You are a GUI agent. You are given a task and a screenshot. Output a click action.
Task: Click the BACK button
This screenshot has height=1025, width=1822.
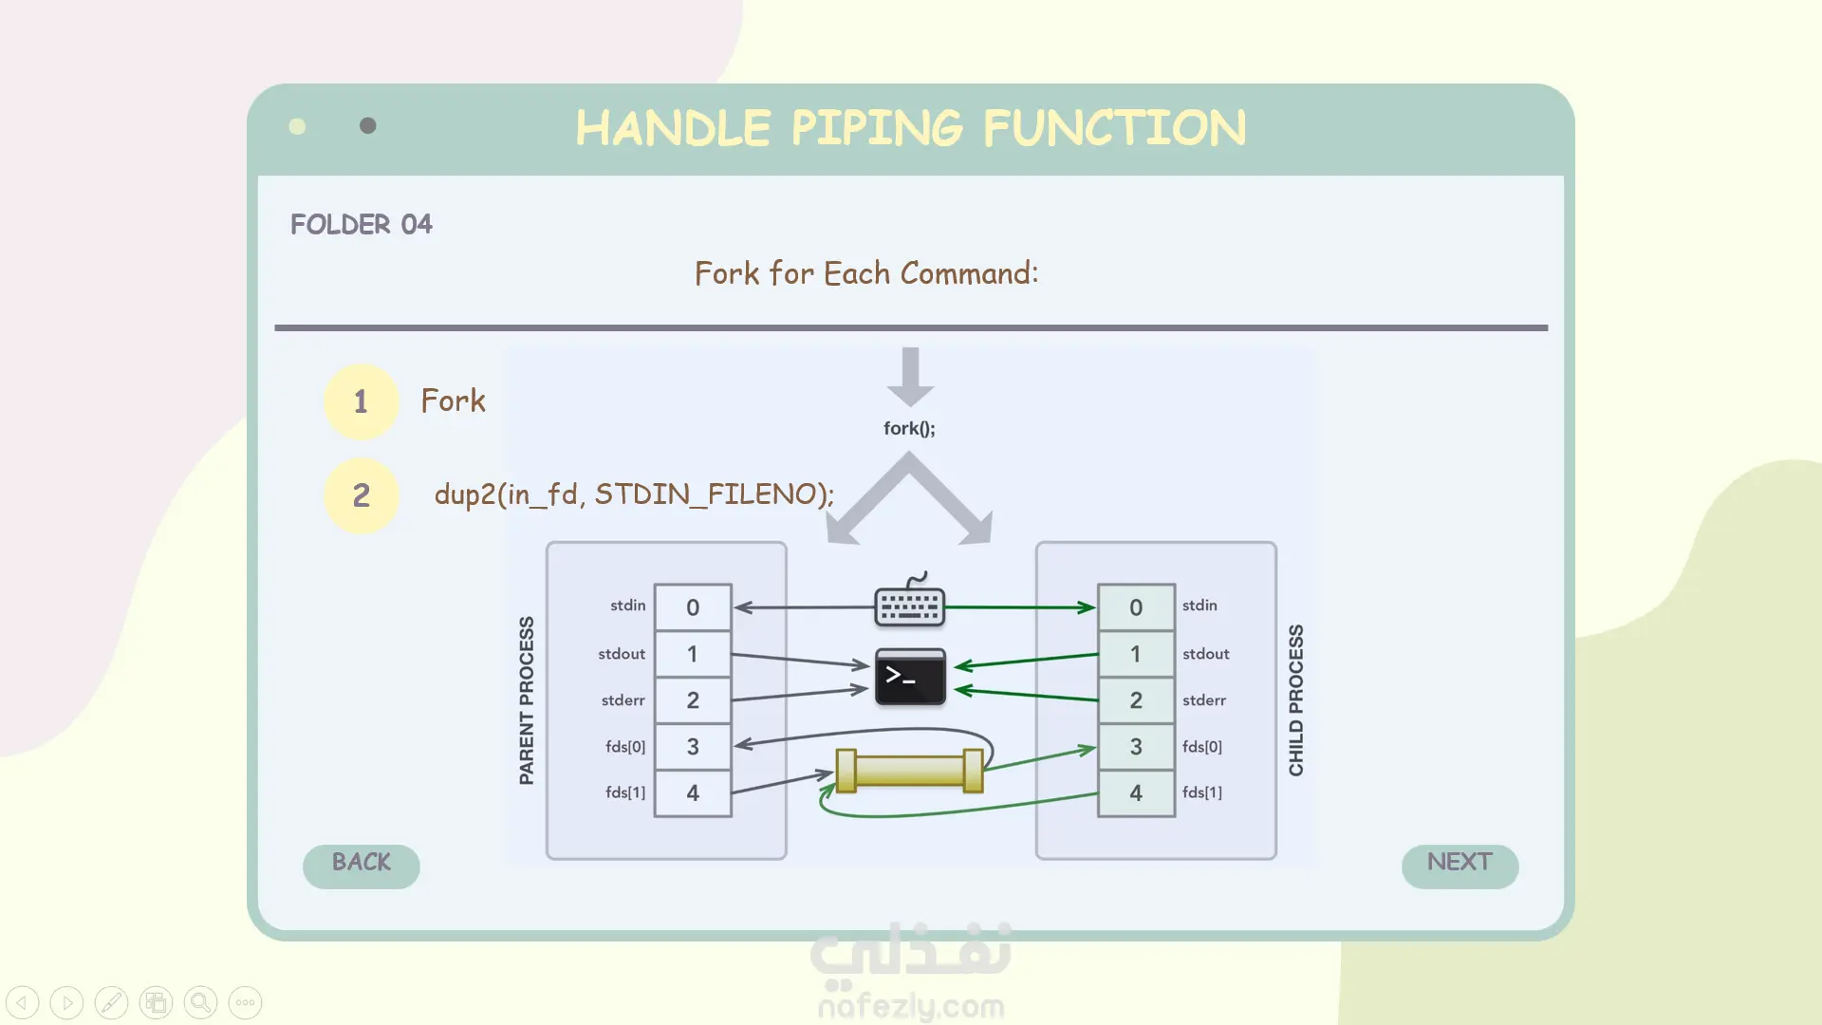(361, 865)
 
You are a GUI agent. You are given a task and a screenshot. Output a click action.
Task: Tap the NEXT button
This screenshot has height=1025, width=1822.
(1459, 865)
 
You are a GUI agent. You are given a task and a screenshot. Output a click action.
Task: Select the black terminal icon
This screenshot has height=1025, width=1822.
(910, 677)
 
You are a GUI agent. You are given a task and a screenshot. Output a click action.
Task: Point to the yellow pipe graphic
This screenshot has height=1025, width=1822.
(909, 770)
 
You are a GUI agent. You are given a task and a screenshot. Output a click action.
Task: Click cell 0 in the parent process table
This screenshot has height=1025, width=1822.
(693, 607)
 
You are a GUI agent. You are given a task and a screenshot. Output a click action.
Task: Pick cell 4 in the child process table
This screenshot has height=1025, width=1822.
(1136, 793)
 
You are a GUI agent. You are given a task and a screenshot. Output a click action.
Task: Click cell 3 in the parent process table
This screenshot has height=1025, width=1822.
(693, 747)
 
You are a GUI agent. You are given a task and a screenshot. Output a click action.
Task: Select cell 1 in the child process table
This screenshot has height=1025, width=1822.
(1136, 654)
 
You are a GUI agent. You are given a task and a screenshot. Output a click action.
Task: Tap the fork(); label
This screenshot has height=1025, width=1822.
(909, 428)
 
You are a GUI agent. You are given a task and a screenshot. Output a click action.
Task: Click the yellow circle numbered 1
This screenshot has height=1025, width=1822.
(361, 401)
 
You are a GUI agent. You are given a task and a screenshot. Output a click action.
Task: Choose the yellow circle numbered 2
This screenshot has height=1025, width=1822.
(361, 495)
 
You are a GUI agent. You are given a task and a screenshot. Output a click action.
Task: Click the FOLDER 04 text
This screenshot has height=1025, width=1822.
(361, 224)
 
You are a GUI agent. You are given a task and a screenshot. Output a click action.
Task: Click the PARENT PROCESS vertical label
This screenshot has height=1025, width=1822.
(527, 700)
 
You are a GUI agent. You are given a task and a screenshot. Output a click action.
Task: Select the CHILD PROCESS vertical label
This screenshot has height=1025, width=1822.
(1296, 700)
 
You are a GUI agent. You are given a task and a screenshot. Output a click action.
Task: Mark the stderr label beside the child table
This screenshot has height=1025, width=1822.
(1204, 700)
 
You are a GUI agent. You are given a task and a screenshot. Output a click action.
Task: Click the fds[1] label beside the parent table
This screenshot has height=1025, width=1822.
(625, 792)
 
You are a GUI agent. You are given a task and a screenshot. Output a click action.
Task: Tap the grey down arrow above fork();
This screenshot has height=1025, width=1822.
(910, 376)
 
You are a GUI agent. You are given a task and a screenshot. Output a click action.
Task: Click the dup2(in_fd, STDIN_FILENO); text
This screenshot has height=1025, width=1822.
(634, 494)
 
